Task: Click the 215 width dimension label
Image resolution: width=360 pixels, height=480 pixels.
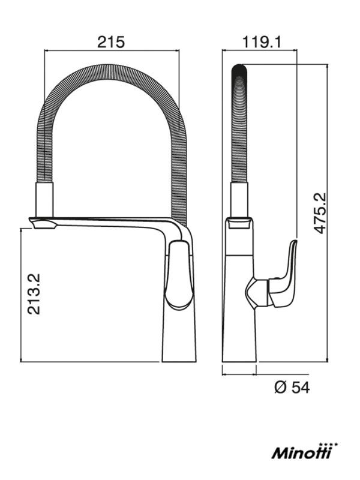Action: click(111, 42)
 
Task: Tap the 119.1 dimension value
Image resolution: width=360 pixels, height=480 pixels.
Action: click(262, 42)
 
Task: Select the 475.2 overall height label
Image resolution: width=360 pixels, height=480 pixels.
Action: click(321, 214)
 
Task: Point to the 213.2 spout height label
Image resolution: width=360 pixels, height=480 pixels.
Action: click(34, 294)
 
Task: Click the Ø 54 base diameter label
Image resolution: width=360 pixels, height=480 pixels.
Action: click(292, 388)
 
